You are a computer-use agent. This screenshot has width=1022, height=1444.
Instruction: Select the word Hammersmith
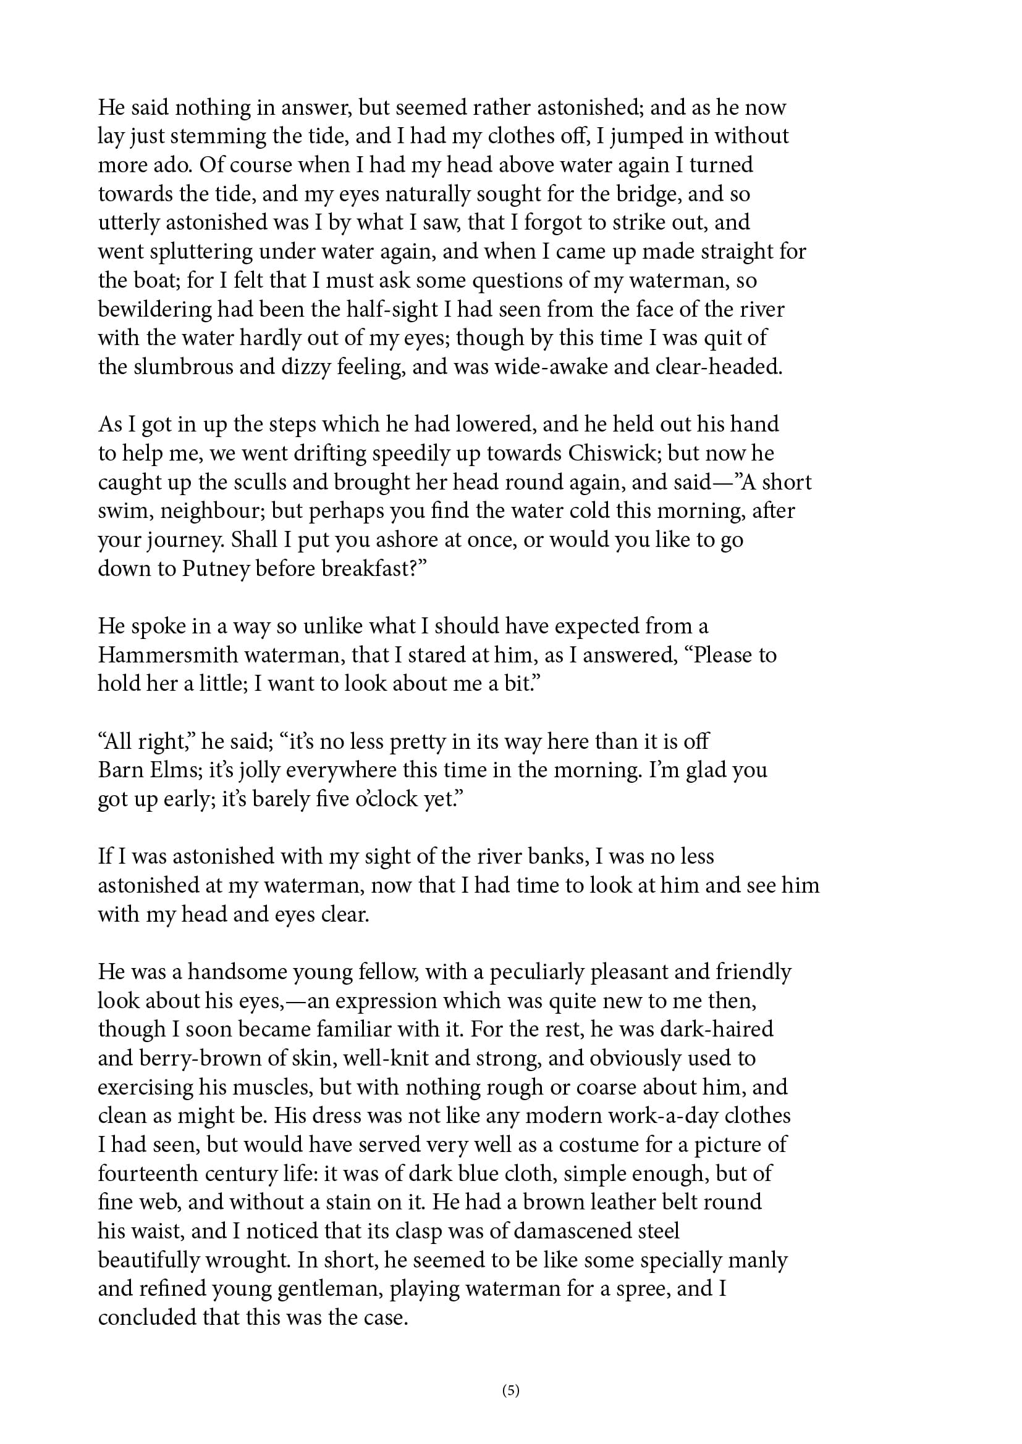click(167, 656)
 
